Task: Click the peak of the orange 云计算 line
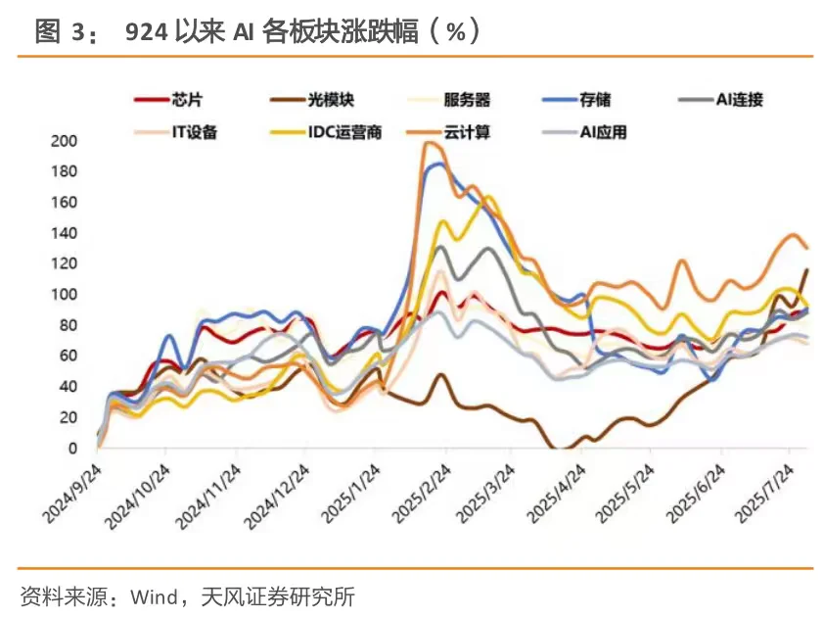429,143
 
